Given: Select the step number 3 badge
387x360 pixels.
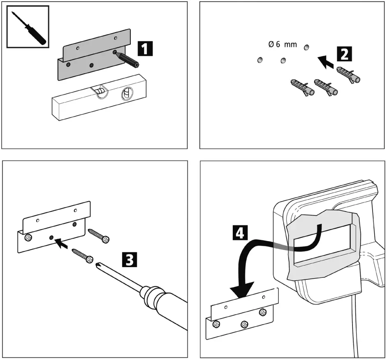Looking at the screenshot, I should tap(129, 260).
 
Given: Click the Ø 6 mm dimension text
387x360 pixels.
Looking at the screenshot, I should tap(282, 45).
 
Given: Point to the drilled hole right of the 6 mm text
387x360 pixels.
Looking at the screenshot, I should tap(306, 48).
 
